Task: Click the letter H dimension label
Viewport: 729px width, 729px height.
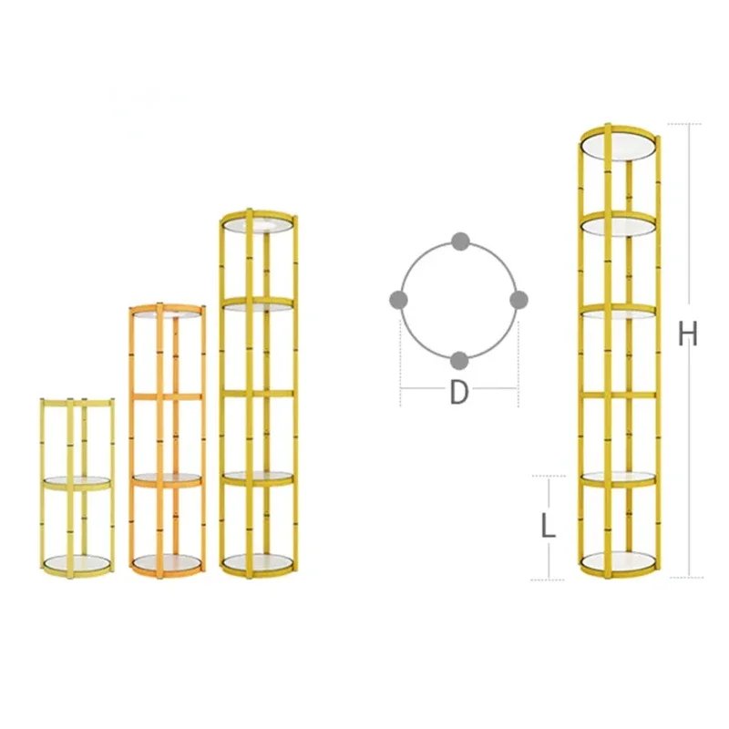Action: tap(688, 334)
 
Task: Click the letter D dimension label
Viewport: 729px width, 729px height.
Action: tap(459, 393)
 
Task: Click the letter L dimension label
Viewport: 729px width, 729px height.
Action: tap(549, 527)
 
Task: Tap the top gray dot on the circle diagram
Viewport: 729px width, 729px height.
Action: tap(460, 241)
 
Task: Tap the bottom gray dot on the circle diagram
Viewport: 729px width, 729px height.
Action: tap(459, 361)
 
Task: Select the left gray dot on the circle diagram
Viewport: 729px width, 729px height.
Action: tap(398, 300)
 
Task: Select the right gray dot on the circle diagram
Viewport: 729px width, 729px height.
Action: tap(519, 300)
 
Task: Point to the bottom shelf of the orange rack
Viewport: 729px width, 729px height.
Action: tap(168, 563)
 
